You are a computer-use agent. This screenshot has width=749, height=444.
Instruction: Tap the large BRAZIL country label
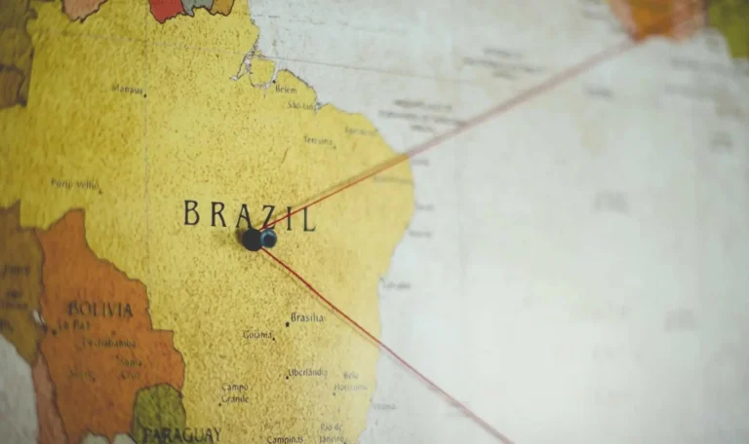coord(250,214)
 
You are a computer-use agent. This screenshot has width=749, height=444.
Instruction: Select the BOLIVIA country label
coord(99,311)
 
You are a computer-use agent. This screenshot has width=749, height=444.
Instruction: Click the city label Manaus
coord(127,89)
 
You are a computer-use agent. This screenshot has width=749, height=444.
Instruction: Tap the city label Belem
coord(286,89)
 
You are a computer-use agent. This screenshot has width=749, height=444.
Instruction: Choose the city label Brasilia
coord(307,317)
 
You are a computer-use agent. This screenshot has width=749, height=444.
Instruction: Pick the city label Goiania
coord(257,335)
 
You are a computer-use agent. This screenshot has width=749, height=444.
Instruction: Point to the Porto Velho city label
coord(75,183)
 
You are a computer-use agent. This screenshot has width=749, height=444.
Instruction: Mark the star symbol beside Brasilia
coord(287,321)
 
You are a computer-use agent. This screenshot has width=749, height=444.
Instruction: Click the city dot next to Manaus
coord(146,94)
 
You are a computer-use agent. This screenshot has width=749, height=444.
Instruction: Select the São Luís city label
coord(301,104)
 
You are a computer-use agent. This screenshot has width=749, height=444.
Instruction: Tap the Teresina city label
coord(317,140)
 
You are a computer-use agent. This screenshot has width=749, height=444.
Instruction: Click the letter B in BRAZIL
coord(191,212)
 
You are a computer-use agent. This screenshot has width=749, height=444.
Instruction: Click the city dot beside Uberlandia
coord(288,375)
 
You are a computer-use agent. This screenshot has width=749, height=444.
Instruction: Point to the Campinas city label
coord(286,439)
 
